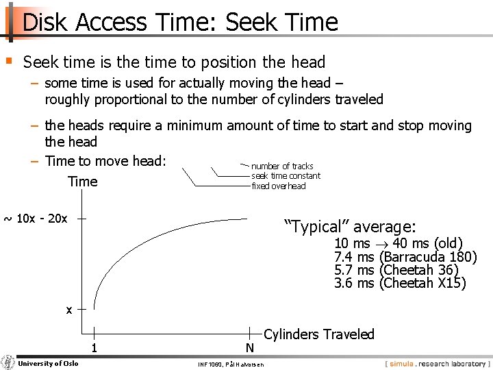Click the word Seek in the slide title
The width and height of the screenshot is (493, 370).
(252, 23)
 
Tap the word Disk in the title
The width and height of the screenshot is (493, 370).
(46, 23)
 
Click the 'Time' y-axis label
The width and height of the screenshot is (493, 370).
(83, 182)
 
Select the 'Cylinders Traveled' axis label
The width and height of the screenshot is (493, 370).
(319, 334)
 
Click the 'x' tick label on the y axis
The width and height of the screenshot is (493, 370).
(68, 310)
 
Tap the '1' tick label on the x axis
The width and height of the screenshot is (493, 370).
(94, 348)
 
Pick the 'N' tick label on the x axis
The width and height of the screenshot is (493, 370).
(249, 348)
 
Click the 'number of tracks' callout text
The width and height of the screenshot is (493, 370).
(282, 166)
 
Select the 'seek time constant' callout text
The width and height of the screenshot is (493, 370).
(286, 176)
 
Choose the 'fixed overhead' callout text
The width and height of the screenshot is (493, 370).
(279, 186)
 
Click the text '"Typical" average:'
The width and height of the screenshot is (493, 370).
(350, 227)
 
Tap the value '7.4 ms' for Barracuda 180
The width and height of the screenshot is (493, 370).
(354, 257)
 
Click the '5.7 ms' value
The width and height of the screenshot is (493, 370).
(354, 270)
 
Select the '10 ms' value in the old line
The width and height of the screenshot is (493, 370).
(352, 244)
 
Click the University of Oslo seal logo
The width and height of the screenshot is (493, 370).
(8, 362)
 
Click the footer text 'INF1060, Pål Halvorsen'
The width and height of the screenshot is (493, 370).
(229, 364)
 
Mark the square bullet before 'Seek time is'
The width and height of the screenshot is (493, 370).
(9, 61)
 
